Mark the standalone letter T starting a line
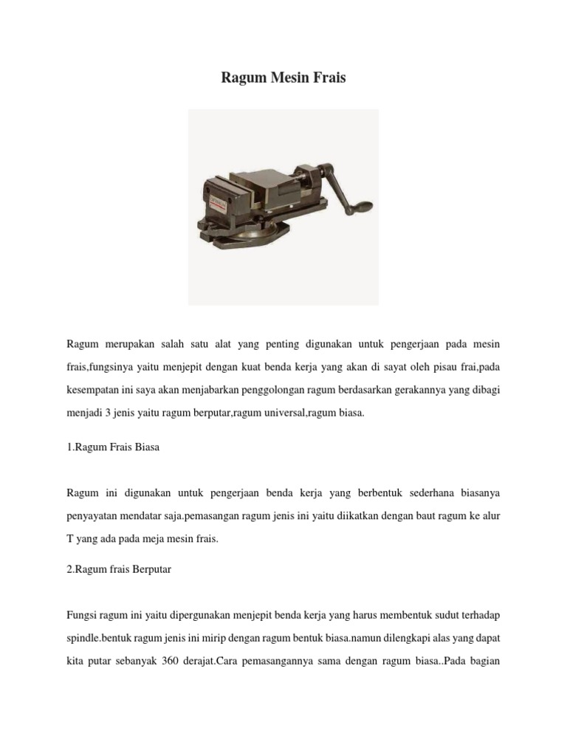tap(69, 539)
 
